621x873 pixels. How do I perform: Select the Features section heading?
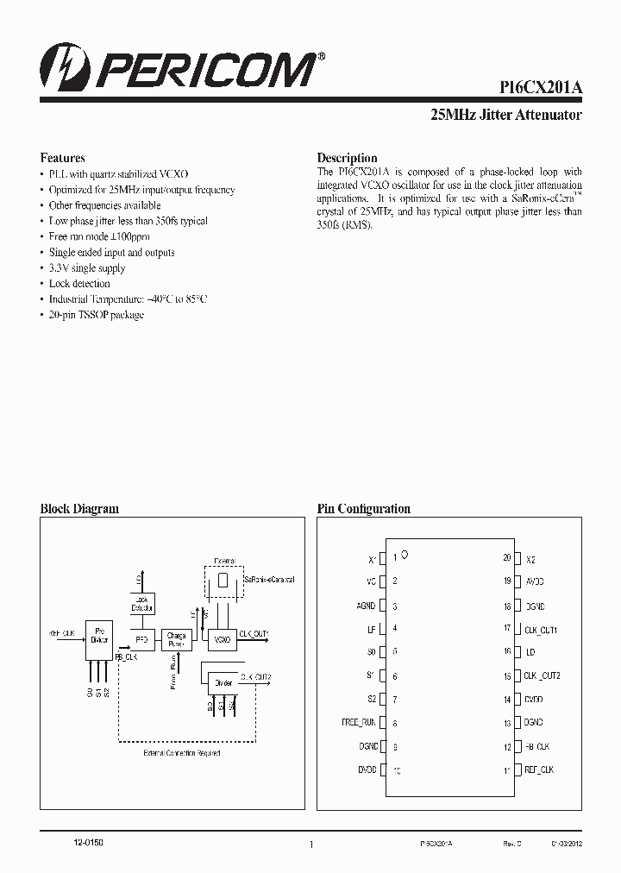click(x=62, y=158)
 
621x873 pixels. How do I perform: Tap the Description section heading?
click(x=347, y=158)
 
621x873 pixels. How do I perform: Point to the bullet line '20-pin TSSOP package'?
click(x=96, y=315)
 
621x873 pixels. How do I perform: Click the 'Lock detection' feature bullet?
click(x=79, y=284)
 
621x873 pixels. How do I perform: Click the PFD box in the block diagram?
click(x=142, y=639)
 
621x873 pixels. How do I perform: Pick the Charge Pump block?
click(x=176, y=639)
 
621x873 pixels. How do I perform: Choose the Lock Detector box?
click(x=142, y=604)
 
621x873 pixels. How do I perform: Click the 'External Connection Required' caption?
click(x=182, y=753)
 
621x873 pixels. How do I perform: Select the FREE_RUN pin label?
click(x=359, y=723)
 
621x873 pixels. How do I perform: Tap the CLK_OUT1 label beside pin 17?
click(x=541, y=630)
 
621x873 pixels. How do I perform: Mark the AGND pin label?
click(x=366, y=606)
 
